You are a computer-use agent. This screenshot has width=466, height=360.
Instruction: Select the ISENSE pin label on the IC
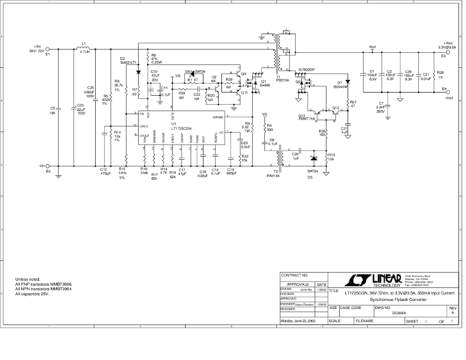point(218,117)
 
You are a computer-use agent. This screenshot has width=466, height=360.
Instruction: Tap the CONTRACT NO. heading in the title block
point(295,276)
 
